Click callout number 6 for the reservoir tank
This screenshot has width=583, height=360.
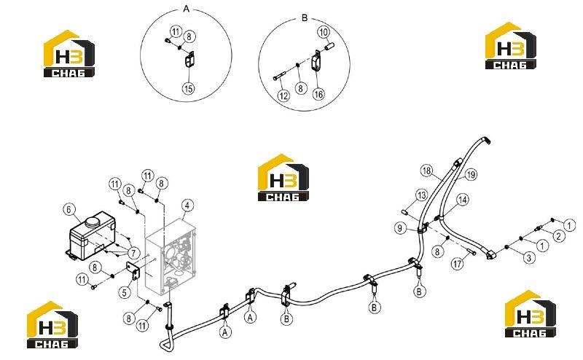click(69, 210)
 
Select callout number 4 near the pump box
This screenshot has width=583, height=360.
click(187, 206)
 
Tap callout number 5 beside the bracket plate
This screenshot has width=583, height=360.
click(125, 292)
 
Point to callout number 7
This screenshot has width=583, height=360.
click(133, 254)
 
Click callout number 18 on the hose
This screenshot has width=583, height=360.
click(426, 171)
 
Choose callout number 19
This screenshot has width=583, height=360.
click(471, 174)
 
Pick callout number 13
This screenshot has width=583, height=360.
click(421, 195)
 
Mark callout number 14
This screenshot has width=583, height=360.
click(463, 200)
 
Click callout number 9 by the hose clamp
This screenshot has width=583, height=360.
click(400, 227)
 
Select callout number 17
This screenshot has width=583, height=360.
click(458, 264)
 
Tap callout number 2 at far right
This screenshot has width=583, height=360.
click(558, 236)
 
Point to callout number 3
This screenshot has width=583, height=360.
click(530, 257)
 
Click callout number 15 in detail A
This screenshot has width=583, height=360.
click(189, 88)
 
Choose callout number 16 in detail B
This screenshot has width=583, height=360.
click(318, 94)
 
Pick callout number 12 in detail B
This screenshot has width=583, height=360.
click(283, 96)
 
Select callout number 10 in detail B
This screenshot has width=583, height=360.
click(324, 32)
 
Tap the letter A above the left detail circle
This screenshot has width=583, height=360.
click(187, 8)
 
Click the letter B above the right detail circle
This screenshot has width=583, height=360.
click(305, 17)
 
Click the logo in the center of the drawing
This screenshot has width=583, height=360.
click(283, 178)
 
